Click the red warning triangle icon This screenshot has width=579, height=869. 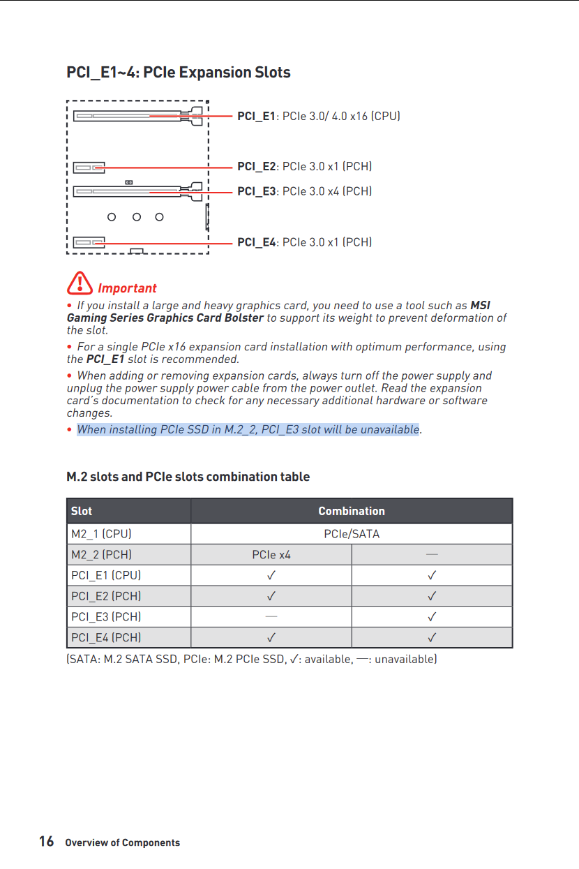[x=80, y=283]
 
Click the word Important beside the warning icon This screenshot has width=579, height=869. [x=127, y=288]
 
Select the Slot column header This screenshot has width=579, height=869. [x=82, y=511]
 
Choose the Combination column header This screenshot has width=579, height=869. [x=352, y=511]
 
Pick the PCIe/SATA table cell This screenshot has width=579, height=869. [x=352, y=534]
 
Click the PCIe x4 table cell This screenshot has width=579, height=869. [x=271, y=555]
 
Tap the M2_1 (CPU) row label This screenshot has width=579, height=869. [x=101, y=534]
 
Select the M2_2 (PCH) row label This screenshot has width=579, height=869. [x=101, y=555]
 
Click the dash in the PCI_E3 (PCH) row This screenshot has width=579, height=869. [x=271, y=616]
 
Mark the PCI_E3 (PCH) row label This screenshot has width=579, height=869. [x=106, y=617]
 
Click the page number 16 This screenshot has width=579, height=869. [x=46, y=841]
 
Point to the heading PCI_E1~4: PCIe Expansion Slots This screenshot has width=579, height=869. [x=179, y=73]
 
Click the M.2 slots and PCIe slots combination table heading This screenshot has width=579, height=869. [x=188, y=477]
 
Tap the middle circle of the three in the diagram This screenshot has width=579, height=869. [x=137, y=217]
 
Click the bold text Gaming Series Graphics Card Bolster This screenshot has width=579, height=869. [x=165, y=318]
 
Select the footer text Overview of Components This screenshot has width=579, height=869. [x=122, y=842]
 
